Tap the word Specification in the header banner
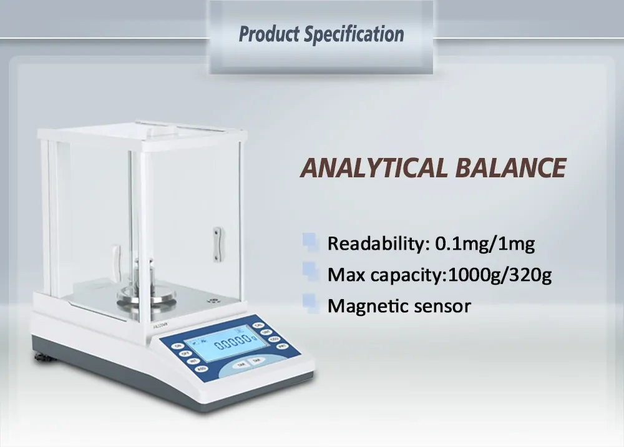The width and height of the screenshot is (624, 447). [354, 34]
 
